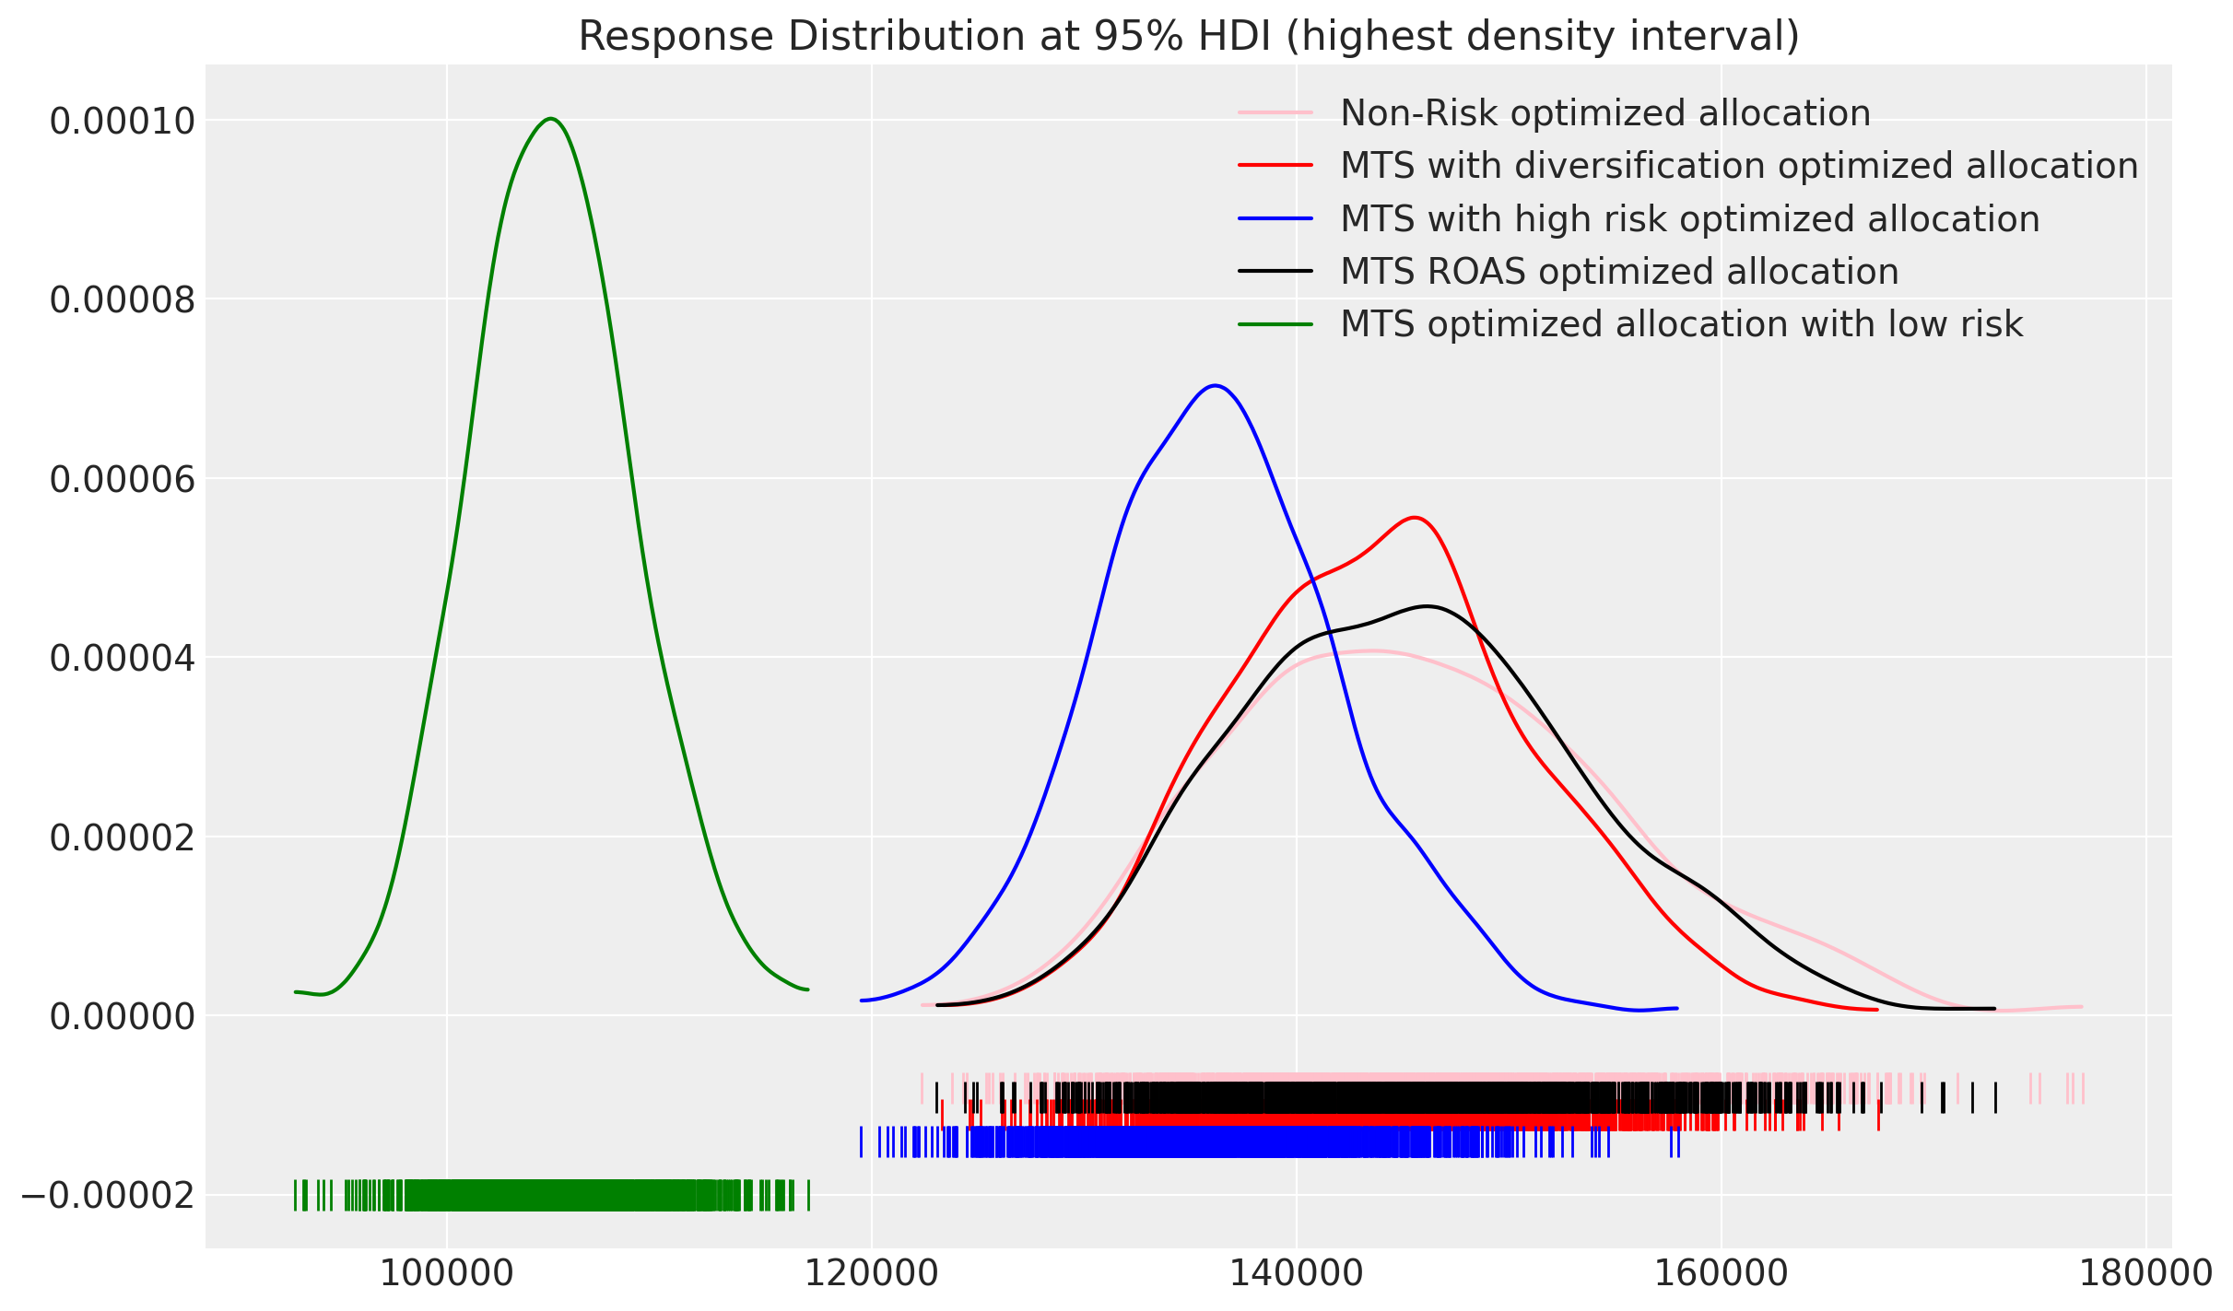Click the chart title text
tap(1189, 37)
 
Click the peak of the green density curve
tap(551, 119)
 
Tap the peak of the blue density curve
tap(1216, 386)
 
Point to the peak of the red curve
tap(1415, 518)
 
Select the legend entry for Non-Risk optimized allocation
tap(1604, 113)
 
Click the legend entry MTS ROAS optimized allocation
tap(1618, 272)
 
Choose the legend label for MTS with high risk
tap(1689, 219)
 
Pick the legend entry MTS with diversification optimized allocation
tap(1738, 166)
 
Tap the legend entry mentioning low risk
tap(1681, 324)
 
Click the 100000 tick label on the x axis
tap(446, 1275)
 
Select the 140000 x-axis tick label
tap(1296, 1275)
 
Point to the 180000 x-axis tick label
tap(2145, 1275)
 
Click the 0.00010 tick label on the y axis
tap(122, 122)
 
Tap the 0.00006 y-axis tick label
tap(122, 480)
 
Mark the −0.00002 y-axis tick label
tap(108, 1197)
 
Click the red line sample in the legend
tap(1275, 166)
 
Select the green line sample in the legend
tap(1275, 324)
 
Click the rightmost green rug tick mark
tap(808, 1195)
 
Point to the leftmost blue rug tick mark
tap(861, 1141)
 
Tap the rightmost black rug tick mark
tap(1995, 1097)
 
